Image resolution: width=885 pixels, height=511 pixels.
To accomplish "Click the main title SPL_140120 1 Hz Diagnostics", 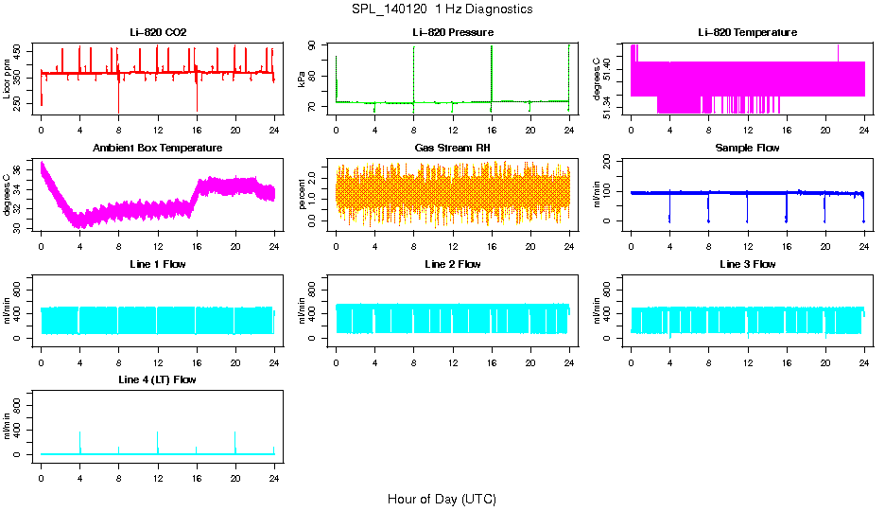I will click(441, 9).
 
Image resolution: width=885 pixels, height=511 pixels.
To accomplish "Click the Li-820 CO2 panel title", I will click(158, 33).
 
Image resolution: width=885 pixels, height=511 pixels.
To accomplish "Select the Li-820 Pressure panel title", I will click(453, 33).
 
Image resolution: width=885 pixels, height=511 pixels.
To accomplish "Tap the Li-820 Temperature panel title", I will click(747, 33).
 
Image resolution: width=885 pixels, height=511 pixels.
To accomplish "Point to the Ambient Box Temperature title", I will click(158, 149).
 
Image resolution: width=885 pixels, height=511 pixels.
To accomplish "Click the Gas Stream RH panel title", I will click(453, 149).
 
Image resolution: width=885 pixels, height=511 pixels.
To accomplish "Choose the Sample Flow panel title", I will click(747, 149).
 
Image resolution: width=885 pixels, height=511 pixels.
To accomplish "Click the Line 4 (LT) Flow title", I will click(158, 379).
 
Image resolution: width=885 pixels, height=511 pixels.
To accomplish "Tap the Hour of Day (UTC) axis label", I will click(442, 499).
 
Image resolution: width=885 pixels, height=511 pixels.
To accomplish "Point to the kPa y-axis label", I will click(301, 79).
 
